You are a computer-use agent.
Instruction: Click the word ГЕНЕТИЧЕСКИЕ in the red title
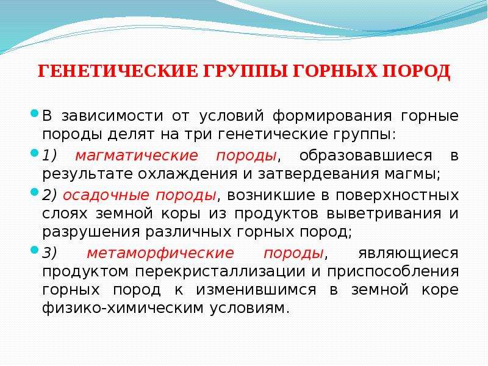coord(118,71)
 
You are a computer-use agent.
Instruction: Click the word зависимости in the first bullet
coord(112,116)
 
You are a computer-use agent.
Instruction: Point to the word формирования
coord(332,117)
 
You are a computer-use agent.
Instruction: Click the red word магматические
coord(137,156)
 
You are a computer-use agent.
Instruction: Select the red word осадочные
coord(106,195)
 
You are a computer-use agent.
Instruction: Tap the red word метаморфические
coord(160,253)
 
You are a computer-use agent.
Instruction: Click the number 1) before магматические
coord(50,156)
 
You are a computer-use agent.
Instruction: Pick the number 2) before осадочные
coord(50,195)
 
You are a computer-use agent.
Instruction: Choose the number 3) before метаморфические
coord(50,253)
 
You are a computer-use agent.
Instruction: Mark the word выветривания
coord(384,214)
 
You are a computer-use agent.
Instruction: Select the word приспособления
coord(393,271)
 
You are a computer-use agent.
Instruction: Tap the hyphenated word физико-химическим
coord(123,308)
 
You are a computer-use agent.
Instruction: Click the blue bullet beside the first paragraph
coord(35,113)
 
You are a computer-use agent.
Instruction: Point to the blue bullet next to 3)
coord(35,249)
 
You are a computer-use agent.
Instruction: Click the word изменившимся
coord(256,290)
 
